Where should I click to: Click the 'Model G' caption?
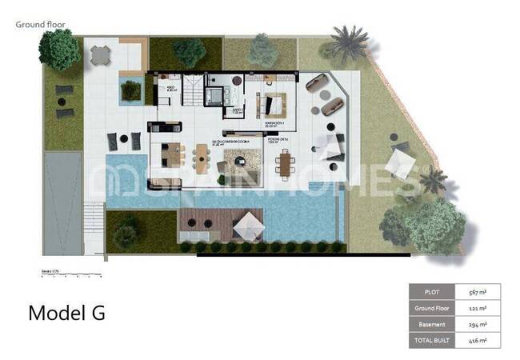[x=66, y=313]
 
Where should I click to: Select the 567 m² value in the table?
[x=477, y=292]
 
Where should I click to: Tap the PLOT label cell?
[x=432, y=292]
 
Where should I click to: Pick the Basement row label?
[x=432, y=324]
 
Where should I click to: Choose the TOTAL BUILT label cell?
[x=432, y=340]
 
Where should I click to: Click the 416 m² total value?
[x=477, y=340]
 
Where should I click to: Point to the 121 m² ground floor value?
[x=477, y=308]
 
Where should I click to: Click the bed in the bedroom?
[x=270, y=104]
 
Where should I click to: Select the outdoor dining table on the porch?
[x=285, y=164]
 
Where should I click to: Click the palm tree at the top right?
[x=349, y=44]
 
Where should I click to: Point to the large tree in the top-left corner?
[x=59, y=50]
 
